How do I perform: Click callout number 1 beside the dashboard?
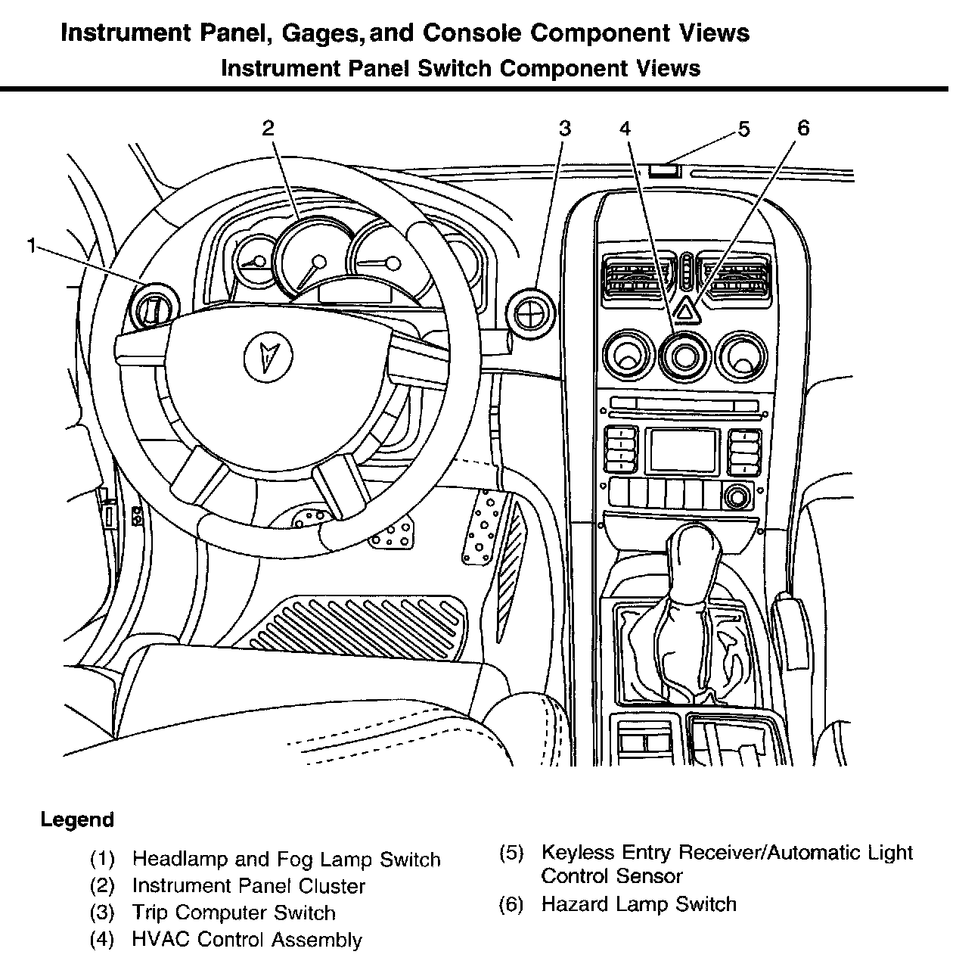click(x=31, y=245)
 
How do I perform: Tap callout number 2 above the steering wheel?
click(x=268, y=128)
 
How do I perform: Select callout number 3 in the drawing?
click(x=564, y=128)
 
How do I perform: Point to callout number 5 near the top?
click(x=743, y=129)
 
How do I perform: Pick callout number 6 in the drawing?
click(x=802, y=128)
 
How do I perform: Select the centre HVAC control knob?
click(x=684, y=354)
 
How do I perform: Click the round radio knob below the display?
click(x=735, y=496)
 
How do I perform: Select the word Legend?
click(x=77, y=819)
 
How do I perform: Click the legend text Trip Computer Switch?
click(x=234, y=913)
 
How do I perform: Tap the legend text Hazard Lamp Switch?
click(x=638, y=904)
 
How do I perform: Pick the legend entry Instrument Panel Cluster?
click(x=249, y=886)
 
